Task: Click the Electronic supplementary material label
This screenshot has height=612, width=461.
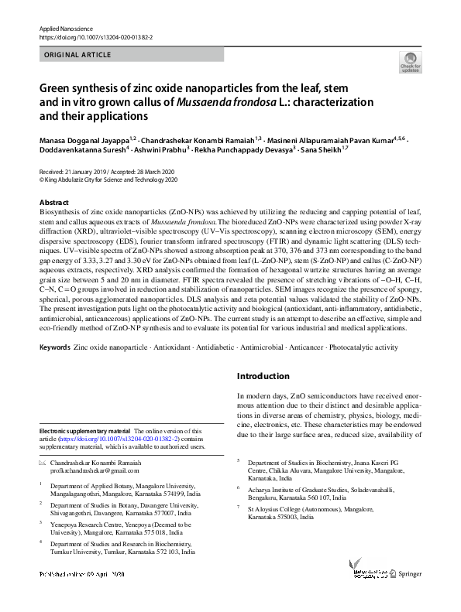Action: point(85,431)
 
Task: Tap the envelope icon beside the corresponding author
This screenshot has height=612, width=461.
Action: point(42,463)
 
